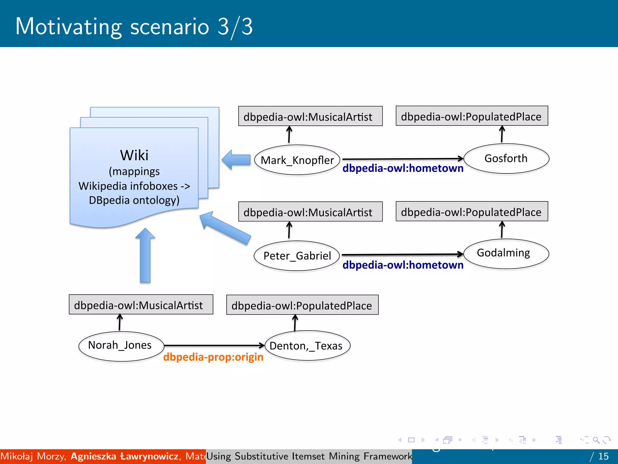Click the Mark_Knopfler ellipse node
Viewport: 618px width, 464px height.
297,160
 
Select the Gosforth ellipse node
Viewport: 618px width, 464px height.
506,159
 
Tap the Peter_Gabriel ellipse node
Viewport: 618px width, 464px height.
297,256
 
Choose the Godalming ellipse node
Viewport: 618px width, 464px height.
506,253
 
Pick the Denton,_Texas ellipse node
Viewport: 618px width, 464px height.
307,346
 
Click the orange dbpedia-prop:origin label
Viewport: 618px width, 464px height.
213,357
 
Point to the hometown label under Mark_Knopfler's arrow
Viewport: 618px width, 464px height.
403,168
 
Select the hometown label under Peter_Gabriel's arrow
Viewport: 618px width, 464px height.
403,265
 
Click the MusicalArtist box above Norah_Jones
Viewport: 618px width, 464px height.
141,305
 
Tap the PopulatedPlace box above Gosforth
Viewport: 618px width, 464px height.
472,116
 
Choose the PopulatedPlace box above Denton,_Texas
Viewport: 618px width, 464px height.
302,305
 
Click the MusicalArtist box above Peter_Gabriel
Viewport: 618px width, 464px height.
310,212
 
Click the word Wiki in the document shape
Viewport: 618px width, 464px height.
134,155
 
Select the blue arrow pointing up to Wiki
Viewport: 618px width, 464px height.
145,256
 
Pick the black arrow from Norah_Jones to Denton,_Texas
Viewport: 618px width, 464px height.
214,345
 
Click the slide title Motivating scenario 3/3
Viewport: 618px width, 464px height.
134,27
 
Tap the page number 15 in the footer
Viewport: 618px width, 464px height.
603,456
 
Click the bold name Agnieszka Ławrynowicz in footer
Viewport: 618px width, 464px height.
124,456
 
